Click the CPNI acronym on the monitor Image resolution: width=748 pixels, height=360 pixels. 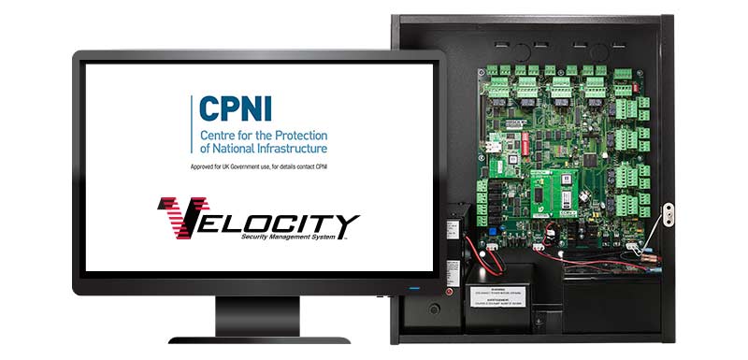click(x=233, y=108)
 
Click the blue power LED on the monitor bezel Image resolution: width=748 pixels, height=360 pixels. click(x=412, y=286)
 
